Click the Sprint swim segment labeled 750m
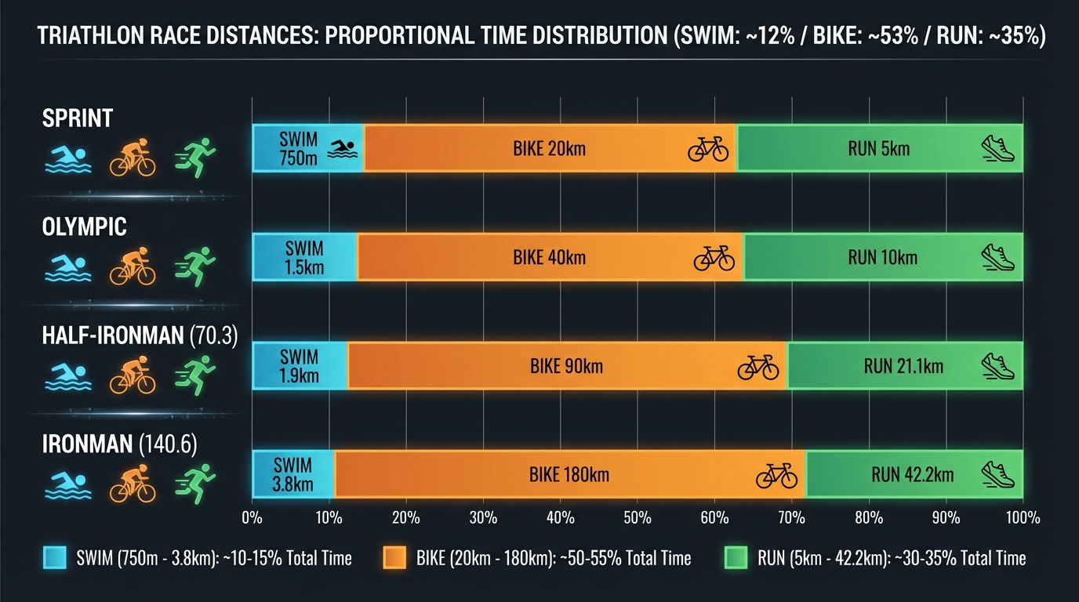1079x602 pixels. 307,148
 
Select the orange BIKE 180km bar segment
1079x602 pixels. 569,475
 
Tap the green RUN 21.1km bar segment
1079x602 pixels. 904,366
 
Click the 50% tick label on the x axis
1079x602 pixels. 636,518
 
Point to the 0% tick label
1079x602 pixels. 252,518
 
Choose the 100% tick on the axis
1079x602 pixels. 1023,518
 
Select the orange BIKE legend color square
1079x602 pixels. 394,558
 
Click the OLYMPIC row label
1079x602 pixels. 85,227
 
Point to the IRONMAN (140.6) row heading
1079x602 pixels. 119,445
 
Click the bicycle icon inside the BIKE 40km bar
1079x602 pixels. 714,258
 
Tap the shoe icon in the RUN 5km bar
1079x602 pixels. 998,148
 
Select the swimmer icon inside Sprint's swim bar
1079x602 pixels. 342,148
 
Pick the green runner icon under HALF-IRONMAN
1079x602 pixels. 194,375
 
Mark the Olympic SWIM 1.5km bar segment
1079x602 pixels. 304,258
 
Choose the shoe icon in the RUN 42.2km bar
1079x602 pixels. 998,475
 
